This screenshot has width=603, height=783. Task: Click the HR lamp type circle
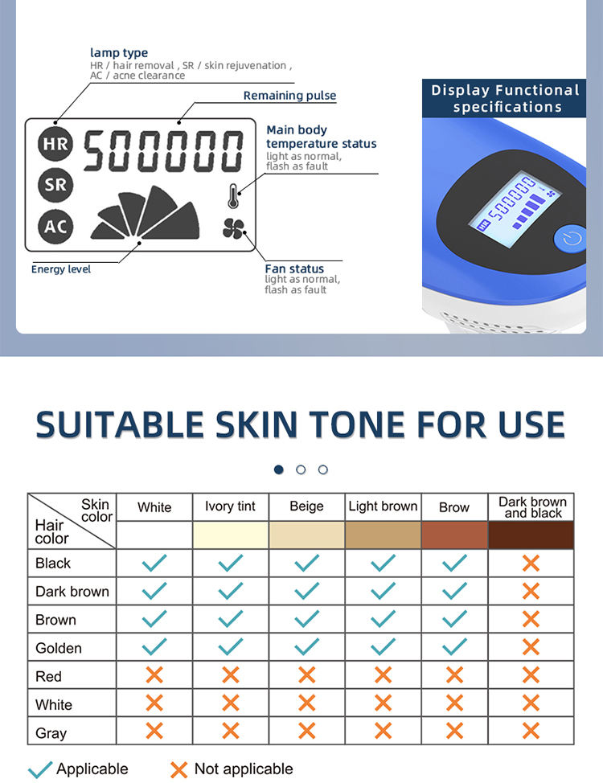pyautogui.click(x=55, y=144)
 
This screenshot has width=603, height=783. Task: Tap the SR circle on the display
pyautogui.click(x=55, y=185)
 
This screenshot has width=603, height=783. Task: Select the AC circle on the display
pyautogui.click(x=55, y=227)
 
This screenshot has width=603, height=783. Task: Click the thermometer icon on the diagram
pyautogui.click(x=233, y=196)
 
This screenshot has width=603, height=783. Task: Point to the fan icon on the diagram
pyautogui.click(x=233, y=229)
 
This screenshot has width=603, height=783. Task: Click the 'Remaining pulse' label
pyautogui.click(x=289, y=96)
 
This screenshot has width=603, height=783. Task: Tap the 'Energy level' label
pyautogui.click(x=61, y=269)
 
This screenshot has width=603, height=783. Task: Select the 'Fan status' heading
pyautogui.click(x=294, y=269)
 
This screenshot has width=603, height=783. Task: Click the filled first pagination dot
pyautogui.click(x=279, y=469)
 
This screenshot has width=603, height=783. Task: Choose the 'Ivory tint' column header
pyautogui.click(x=230, y=506)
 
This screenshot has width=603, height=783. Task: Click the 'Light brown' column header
pyautogui.click(x=384, y=506)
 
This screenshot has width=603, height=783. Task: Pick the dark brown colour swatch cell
pyautogui.click(x=531, y=535)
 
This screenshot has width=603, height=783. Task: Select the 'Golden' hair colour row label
pyautogui.click(x=59, y=648)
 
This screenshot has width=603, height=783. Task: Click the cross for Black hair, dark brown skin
pyautogui.click(x=531, y=564)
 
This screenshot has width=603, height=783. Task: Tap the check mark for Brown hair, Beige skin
pyautogui.click(x=307, y=619)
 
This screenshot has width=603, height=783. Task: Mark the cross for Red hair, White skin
pyautogui.click(x=154, y=675)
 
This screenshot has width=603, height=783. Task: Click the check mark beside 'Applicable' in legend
pyautogui.click(x=40, y=769)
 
